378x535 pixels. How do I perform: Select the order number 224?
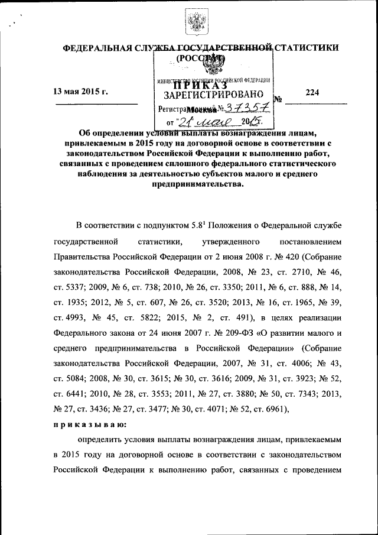312,92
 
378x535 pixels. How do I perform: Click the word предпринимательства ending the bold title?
193,184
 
